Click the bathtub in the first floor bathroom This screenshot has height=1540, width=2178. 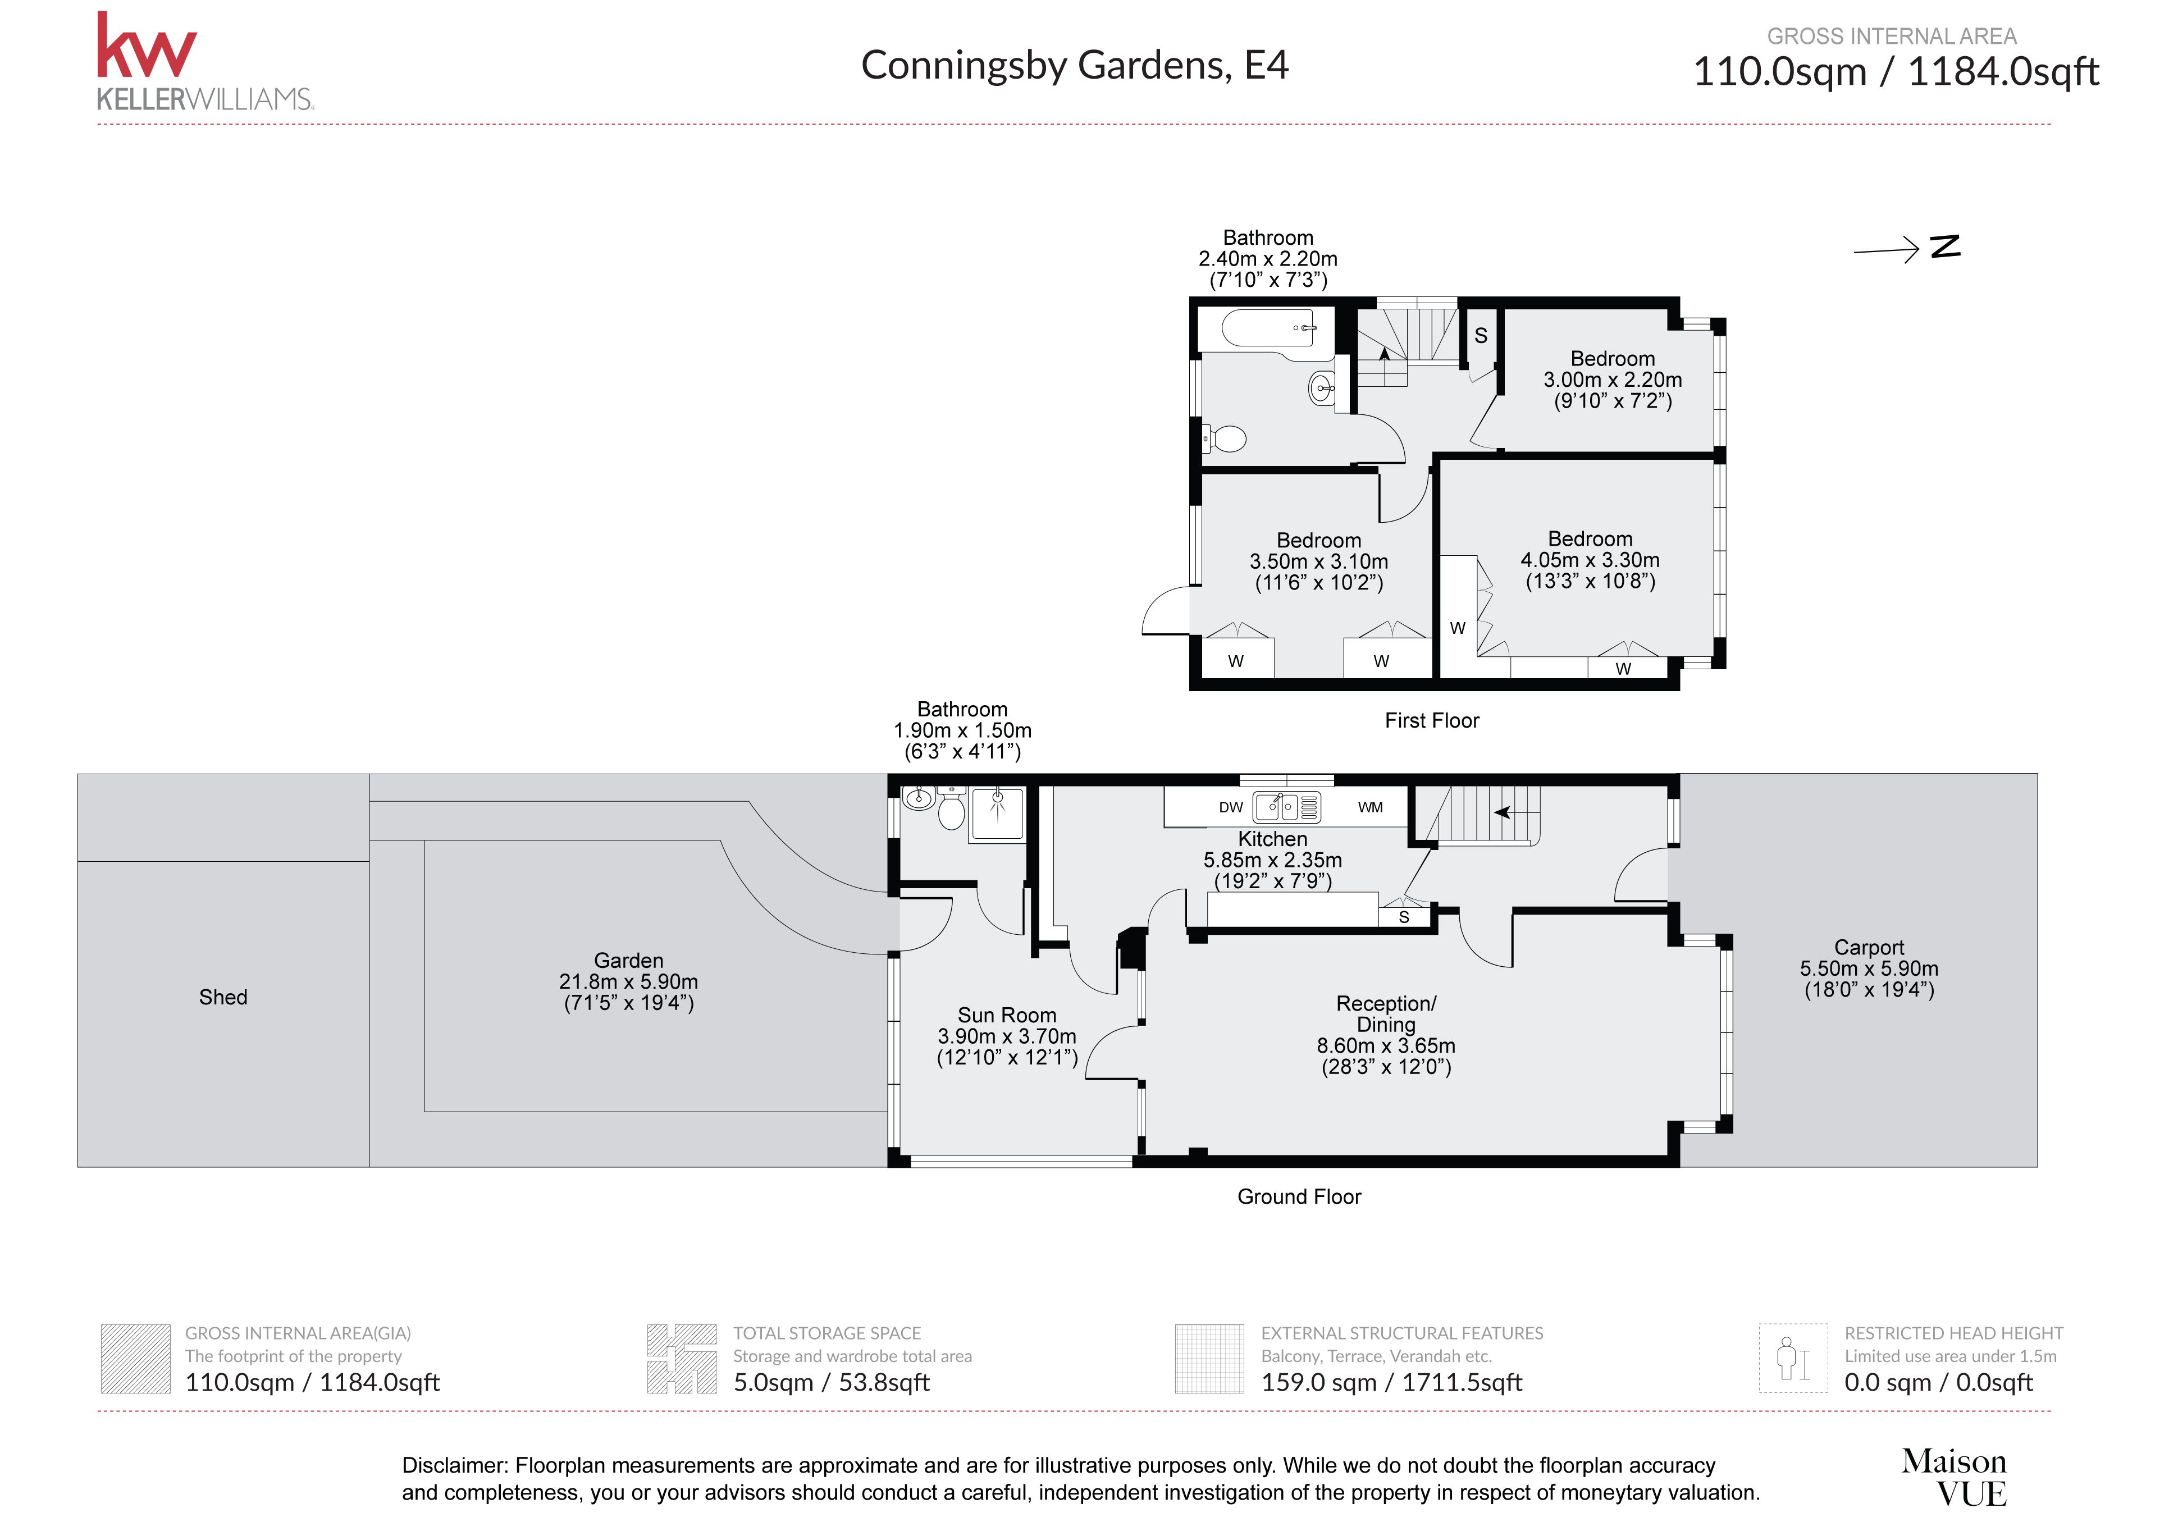point(1268,329)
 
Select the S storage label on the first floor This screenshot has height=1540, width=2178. point(1481,336)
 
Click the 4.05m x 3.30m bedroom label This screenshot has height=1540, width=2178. point(1590,560)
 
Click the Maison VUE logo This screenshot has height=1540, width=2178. point(1954,1477)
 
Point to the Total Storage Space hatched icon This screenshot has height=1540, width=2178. point(681,1359)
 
